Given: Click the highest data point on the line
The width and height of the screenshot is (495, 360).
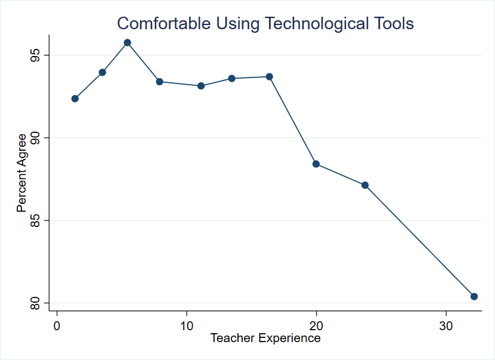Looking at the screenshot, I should pyautogui.click(x=128, y=42).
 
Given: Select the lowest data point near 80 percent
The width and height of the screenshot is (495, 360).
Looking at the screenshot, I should pyautogui.click(x=474, y=296).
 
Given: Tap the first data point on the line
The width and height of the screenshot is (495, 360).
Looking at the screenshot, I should pyautogui.click(x=75, y=98).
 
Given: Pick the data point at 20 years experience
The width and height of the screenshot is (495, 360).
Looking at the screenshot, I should pyautogui.click(x=316, y=164).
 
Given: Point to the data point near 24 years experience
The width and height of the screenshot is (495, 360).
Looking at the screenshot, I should pyautogui.click(x=365, y=185).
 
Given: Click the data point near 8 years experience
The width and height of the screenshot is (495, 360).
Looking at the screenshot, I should pyautogui.click(x=160, y=82).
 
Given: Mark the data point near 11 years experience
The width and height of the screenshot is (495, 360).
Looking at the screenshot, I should pyautogui.click(x=201, y=86).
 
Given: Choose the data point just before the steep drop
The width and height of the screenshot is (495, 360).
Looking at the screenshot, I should pyautogui.click(x=270, y=76).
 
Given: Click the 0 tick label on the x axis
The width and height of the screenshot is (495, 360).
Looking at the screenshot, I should pyautogui.click(x=57, y=326).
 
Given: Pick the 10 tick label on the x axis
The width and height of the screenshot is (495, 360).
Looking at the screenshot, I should pyautogui.click(x=187, y=326).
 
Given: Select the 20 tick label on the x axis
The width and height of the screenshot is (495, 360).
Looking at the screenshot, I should pyautogui.click(x=316, y=326).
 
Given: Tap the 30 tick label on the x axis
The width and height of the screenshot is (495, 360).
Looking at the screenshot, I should pyautogui.click(x=446, y=326).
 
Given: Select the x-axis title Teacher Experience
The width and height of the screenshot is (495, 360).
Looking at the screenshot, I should pyautogui.click(x=265, y=339).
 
